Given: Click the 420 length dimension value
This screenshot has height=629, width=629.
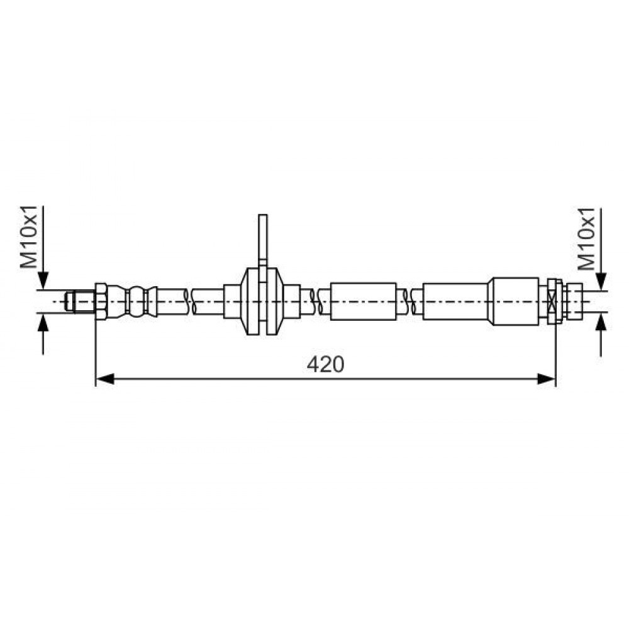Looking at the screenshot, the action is coord(325,365).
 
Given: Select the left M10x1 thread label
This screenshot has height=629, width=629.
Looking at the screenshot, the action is coord(29,237).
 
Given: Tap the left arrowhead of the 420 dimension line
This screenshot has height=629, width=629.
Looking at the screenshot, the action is coord(105,379).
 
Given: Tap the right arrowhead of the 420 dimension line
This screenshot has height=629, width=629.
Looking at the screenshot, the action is coord(547,379).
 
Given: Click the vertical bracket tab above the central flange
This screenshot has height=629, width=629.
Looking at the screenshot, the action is coord(263,241).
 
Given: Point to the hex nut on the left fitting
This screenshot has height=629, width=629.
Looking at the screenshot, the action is coord(101,301).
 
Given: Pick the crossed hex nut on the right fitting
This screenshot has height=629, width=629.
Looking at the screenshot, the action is coord(554,301).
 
